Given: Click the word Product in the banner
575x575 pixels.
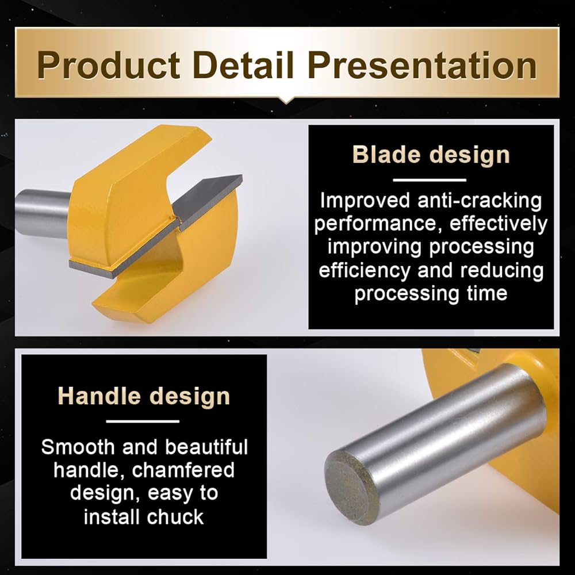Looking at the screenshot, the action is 108,66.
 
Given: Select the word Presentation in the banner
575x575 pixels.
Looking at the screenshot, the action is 422,66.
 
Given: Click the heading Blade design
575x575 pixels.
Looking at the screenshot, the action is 431,155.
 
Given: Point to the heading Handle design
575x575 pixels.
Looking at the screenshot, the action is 144,397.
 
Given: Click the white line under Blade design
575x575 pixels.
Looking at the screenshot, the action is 430,179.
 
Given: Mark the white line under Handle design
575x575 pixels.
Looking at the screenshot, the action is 143,421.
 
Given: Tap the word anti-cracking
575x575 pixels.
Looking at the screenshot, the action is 480,201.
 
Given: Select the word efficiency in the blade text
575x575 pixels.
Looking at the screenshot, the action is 365,271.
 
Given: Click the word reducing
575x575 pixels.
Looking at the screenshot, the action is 502,271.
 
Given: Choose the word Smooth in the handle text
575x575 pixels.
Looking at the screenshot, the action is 78,447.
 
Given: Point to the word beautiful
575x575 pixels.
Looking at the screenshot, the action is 206,447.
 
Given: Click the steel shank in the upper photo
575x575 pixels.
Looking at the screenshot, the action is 42,213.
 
